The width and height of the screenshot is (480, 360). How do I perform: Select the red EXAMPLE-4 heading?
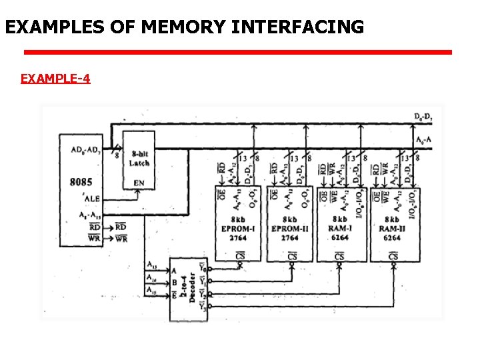tap(55, 79)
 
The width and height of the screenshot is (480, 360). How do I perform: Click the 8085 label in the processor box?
tap(81, 181)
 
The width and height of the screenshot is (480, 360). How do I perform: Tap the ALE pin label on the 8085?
tap(92, 199)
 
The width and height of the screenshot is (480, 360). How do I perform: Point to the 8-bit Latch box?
tap(139, 159)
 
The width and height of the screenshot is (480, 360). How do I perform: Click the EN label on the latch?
tap(139, 183)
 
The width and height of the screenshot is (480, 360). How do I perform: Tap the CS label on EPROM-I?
tap(241, 256)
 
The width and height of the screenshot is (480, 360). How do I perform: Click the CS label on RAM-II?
tap(393, 256)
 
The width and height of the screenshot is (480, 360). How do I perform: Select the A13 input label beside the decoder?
tap(153, 264)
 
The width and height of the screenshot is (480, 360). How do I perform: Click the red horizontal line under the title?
tap(238, 52)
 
